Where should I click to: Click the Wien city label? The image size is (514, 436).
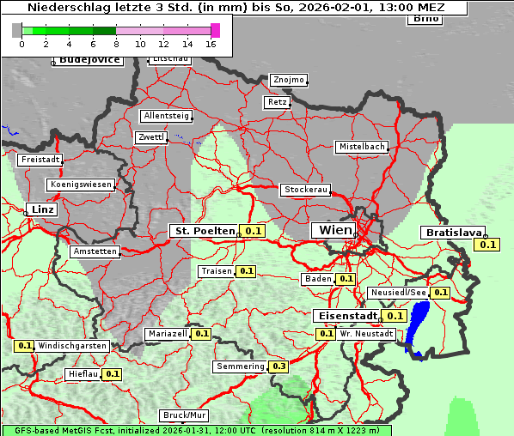click(x=336, y=230)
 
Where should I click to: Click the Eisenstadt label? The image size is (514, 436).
click(x=345, y=316)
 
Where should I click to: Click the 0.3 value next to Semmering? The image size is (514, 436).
click(x=278, y=366)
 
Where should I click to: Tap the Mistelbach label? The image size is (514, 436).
click(x=361, y=147)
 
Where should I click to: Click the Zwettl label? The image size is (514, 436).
click(x=151, y=137)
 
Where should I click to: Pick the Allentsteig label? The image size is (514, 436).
click(x=166, y=116)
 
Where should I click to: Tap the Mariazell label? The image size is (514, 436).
click(x=167, y=334)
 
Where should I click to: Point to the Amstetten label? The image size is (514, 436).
click(x=95, y=251)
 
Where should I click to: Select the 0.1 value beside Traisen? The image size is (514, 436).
click(x=247, y=271)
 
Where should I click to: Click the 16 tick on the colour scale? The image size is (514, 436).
click(x=211, y=43)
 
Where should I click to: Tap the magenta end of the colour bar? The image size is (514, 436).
click(x=215, y=30)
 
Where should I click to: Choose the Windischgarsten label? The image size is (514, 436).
click(x=72, y=346)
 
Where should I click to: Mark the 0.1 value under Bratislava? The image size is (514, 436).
click(x=488, y=245)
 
